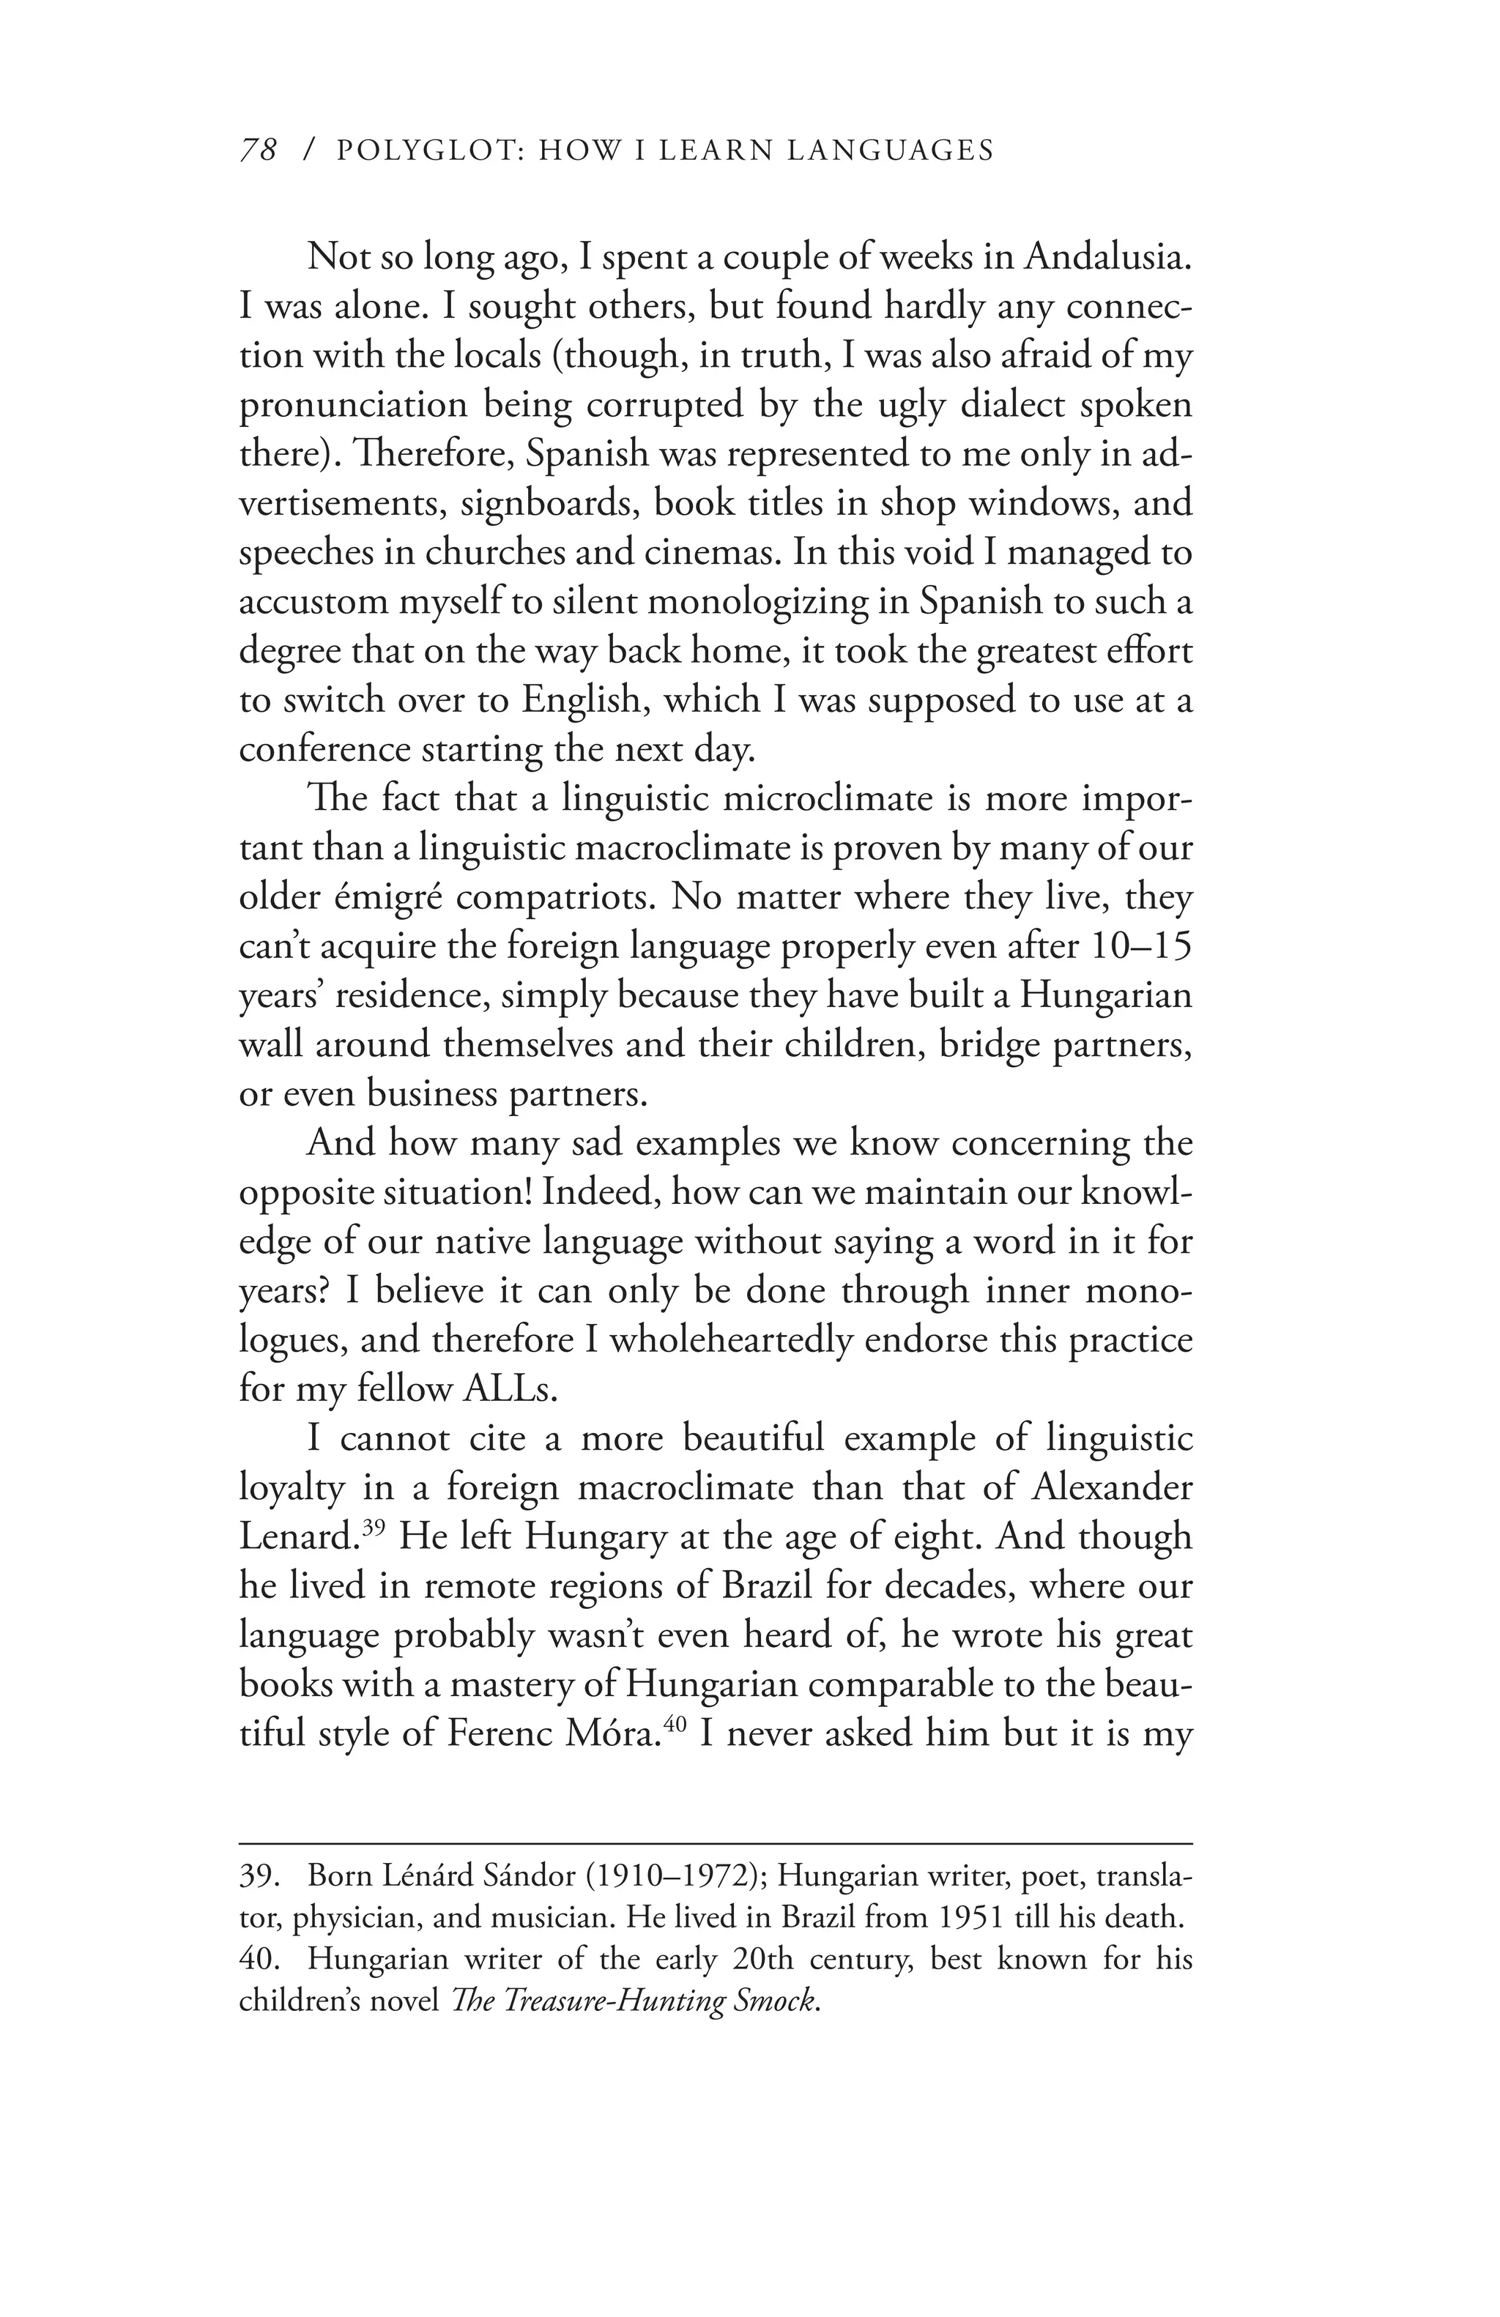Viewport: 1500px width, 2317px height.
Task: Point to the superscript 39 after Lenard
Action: [370, 1528]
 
